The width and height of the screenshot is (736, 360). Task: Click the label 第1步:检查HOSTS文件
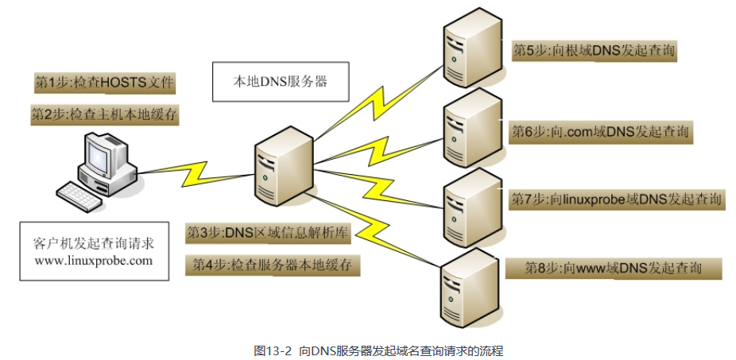103,83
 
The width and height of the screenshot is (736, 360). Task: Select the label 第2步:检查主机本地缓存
103,114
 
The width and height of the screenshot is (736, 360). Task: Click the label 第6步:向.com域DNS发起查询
601,131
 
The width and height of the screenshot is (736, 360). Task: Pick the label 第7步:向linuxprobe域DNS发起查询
616,199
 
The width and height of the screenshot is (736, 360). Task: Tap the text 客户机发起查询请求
95,242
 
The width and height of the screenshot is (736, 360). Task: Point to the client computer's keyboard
83,193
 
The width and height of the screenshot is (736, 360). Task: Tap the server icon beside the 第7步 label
471,203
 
